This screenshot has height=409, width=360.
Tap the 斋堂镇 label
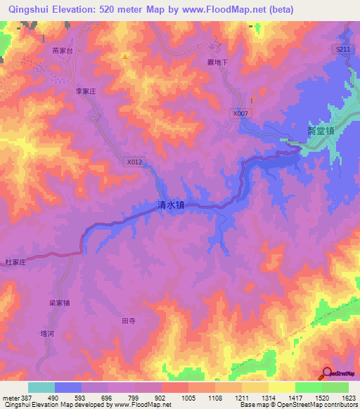(x=320, y=131)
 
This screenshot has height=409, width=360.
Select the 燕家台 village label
(x=63, y=51)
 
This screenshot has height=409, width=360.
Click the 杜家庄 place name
(x=15, y=261)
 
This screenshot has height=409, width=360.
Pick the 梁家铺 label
(x=59, y=303)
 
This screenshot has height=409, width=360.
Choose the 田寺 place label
(x=128, y=320)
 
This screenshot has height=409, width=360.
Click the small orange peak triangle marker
(x=125, y=56)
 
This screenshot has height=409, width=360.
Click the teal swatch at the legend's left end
(x=41, y=387)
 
